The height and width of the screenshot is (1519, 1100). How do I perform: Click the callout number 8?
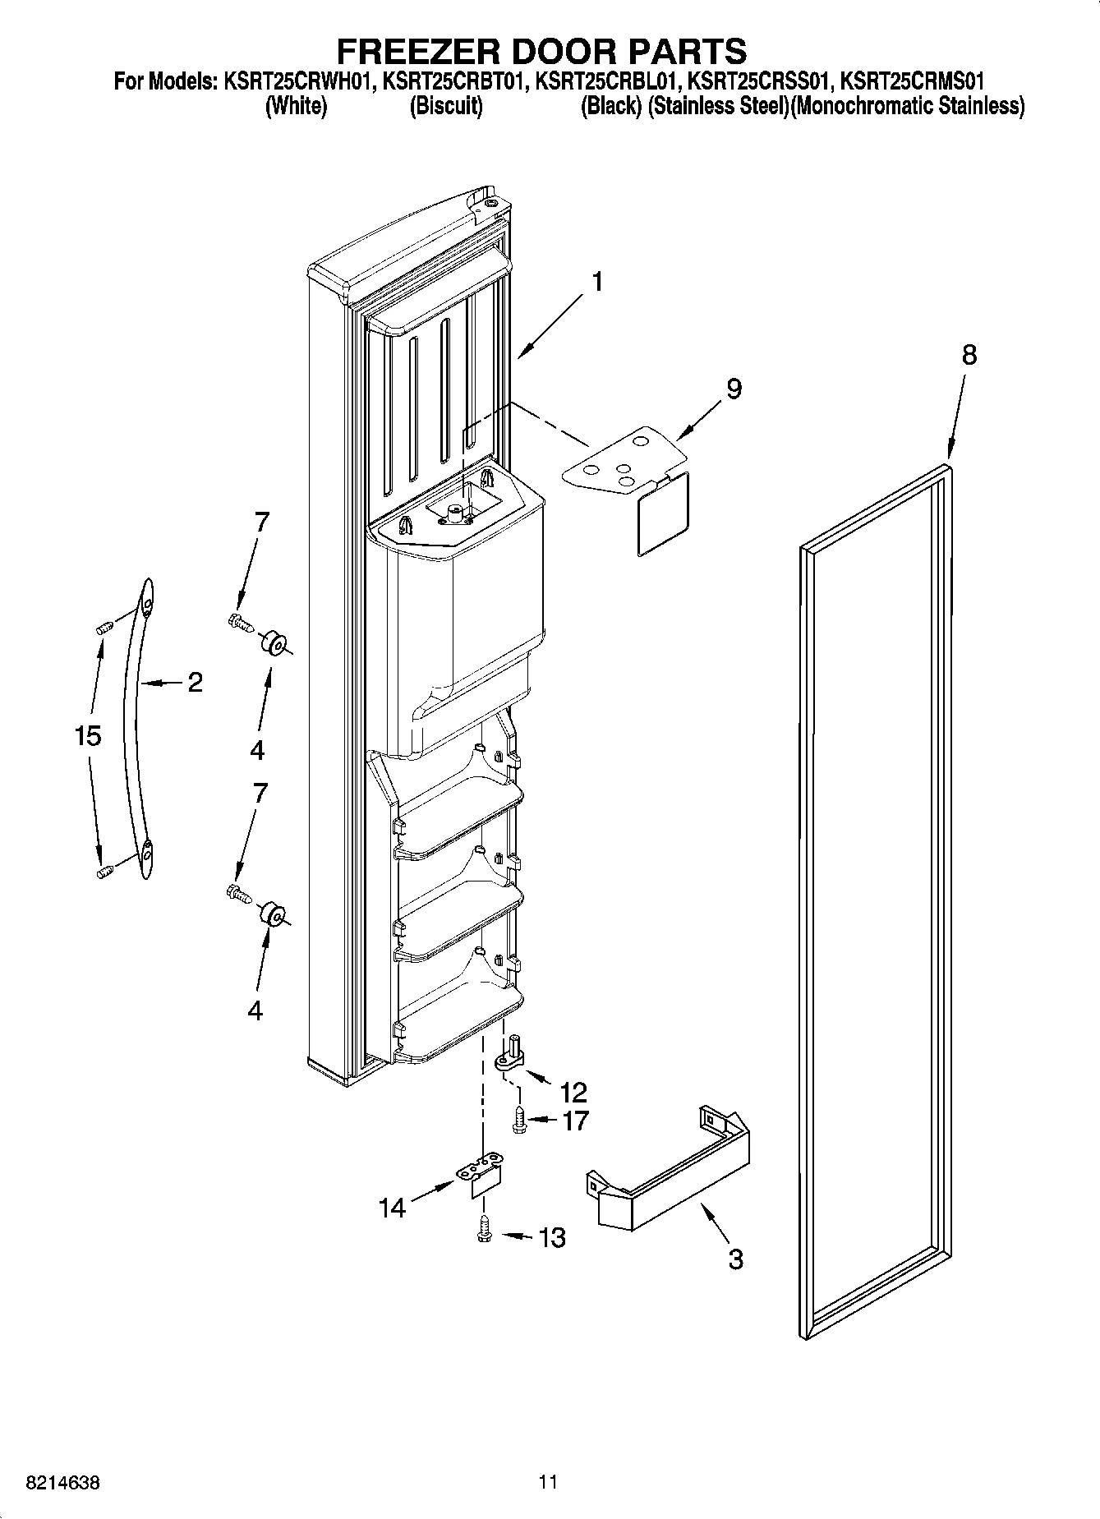point(969,355)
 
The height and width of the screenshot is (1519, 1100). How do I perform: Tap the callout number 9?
point(733,389)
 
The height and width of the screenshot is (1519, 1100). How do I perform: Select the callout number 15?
point(88,735)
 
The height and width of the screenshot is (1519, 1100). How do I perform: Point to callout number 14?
point(393,1208)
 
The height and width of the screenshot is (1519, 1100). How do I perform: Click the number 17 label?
point(574,1120)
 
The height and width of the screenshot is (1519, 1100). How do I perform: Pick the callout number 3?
point(735,1258)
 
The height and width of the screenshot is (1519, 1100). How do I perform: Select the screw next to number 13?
point(485,1230)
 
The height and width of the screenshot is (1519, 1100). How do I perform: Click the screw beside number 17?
point(519,1121)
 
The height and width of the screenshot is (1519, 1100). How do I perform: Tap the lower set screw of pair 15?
point(104,872)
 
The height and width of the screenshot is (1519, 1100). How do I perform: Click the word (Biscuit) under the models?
point(446,106)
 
